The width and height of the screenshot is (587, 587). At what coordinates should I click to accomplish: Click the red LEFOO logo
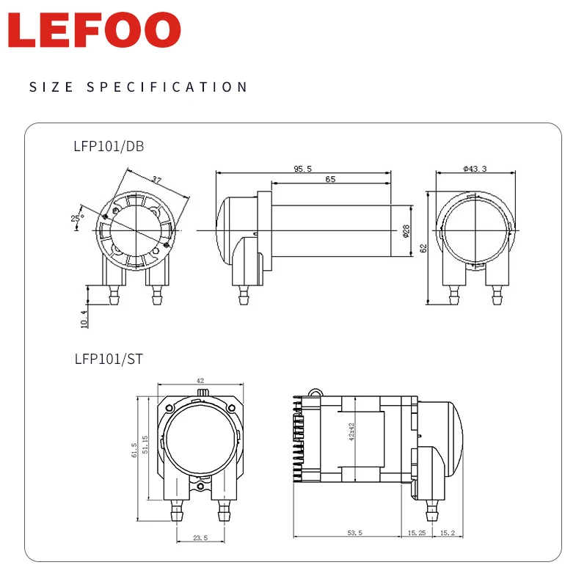95,32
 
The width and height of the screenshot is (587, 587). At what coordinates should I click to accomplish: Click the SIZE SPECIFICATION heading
139,87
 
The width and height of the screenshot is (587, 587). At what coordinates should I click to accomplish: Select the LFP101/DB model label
109,146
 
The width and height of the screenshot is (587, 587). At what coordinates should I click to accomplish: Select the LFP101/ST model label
107,360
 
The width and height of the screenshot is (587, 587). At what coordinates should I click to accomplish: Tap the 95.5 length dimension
303,168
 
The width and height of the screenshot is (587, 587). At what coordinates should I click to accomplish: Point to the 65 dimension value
330,178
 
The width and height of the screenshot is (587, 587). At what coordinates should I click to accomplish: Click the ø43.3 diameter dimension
475,168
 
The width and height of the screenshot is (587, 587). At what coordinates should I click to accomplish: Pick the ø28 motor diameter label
406,231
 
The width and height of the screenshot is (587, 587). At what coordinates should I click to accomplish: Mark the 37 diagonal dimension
156,180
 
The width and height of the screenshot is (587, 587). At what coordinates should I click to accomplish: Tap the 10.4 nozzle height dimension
83,318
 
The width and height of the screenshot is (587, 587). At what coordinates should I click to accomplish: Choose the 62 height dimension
423,247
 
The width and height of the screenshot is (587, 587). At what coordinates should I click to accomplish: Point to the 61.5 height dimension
134,449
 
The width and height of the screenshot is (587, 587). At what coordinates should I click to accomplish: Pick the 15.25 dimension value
416,532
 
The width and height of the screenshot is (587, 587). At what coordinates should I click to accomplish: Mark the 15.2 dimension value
448,532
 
